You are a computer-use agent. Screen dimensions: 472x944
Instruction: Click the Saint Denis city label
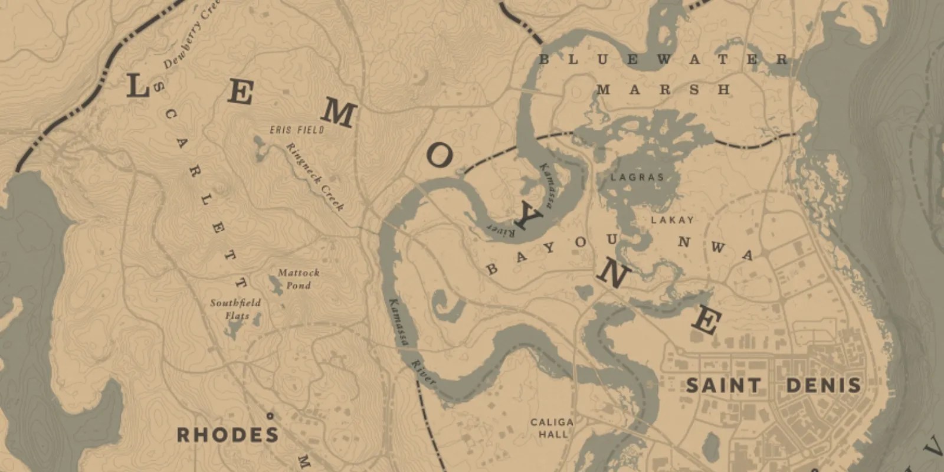(x=773, y=386)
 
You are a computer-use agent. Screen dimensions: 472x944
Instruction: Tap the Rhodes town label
(x=228, y=436)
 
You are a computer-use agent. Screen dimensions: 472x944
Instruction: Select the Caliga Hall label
(x=552, y=428)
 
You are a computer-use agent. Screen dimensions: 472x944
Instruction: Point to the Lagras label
(x=637, y=177)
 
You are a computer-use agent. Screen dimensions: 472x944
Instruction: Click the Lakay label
(x=672, y=220)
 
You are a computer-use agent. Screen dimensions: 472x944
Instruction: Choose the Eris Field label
(x=297, y=130)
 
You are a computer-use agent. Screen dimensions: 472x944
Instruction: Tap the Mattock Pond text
(x=299, y=279)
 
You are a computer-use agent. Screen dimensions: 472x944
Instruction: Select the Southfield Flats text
(x=235, y=309)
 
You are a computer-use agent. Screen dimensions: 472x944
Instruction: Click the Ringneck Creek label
(x=315, y=176)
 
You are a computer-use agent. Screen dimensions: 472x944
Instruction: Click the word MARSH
(x=663, y=90)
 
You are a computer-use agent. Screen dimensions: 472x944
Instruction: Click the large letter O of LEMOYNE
(x=440, y=156)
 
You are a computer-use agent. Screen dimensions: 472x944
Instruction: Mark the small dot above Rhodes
(x=270, y=415)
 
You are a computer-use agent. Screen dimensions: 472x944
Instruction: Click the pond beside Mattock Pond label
(x=275, y=286)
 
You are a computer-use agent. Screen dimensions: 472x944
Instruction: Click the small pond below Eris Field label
(x=258, y=143)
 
